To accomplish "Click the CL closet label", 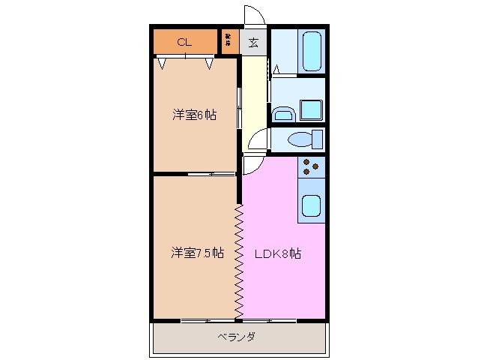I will pyautogui.click(x=184, y=42).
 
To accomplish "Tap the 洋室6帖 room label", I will pyautogui.click(x=194, y=115).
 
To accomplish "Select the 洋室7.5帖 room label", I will pyautogui.click(x=197, y=253).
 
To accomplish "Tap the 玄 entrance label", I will pyautogui.click(x=253, y=42).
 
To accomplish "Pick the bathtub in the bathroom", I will pyautogui.click(x=311, y=51).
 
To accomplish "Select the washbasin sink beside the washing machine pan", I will pyautogui.click(x=282, y=113).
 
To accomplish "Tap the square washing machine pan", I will pyautogui.click(x=311, y=109).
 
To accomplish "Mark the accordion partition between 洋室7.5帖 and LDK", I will pyautogui.click(x=239, y=259).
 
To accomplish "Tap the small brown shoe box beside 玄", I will pyautogui.click(x=229, y=42).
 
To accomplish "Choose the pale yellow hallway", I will pyautogui.click(x=255, y=90).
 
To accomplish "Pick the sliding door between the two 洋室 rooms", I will pyautogui.click(x=212, y=173).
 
